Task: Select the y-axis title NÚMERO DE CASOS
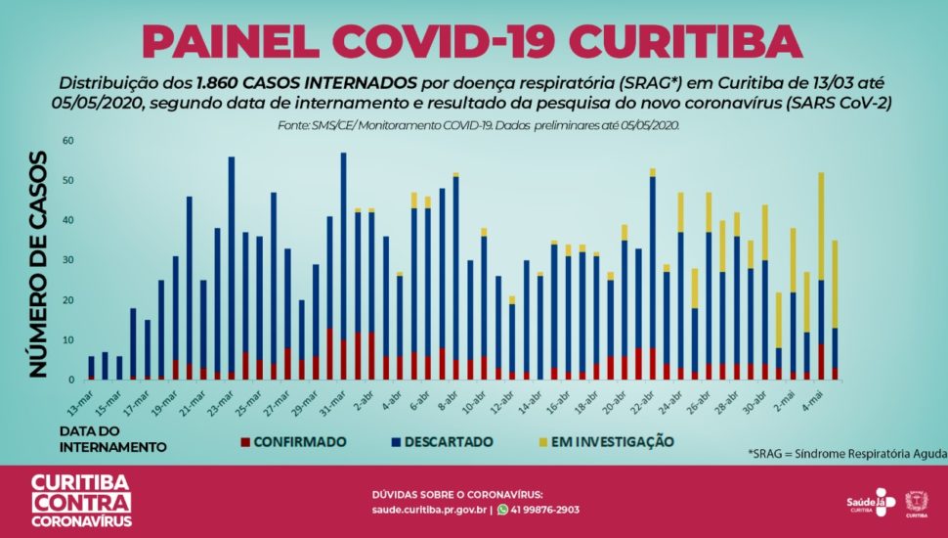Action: (38, 263)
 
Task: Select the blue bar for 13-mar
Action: (92, 367)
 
